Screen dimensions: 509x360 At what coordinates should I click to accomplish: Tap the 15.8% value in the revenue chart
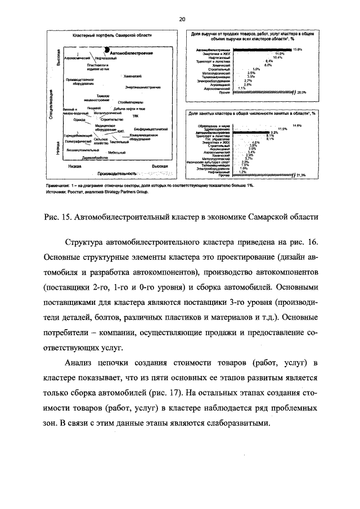[298, 49]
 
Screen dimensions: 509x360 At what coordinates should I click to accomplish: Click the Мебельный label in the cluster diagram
[117, 152]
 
